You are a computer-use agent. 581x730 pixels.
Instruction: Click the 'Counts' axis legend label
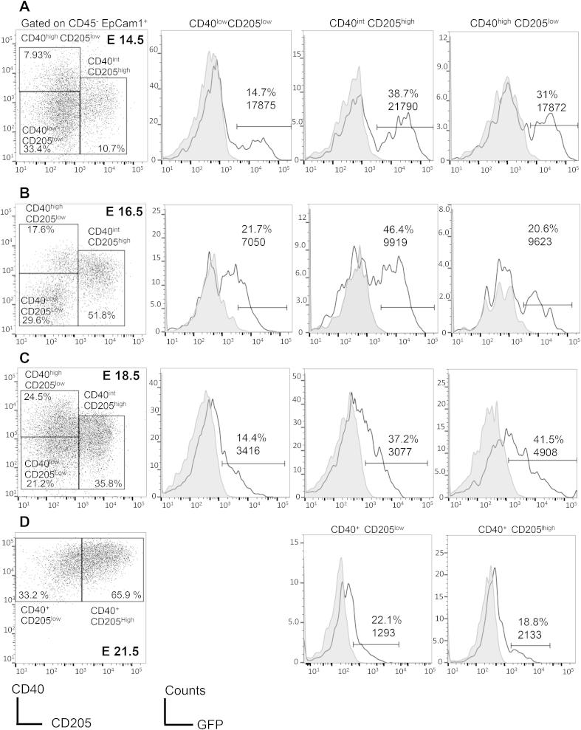click(185, 690)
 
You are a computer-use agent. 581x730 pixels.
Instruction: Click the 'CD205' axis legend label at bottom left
click(71, 724)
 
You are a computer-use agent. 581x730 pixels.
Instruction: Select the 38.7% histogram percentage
click(402, 95)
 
